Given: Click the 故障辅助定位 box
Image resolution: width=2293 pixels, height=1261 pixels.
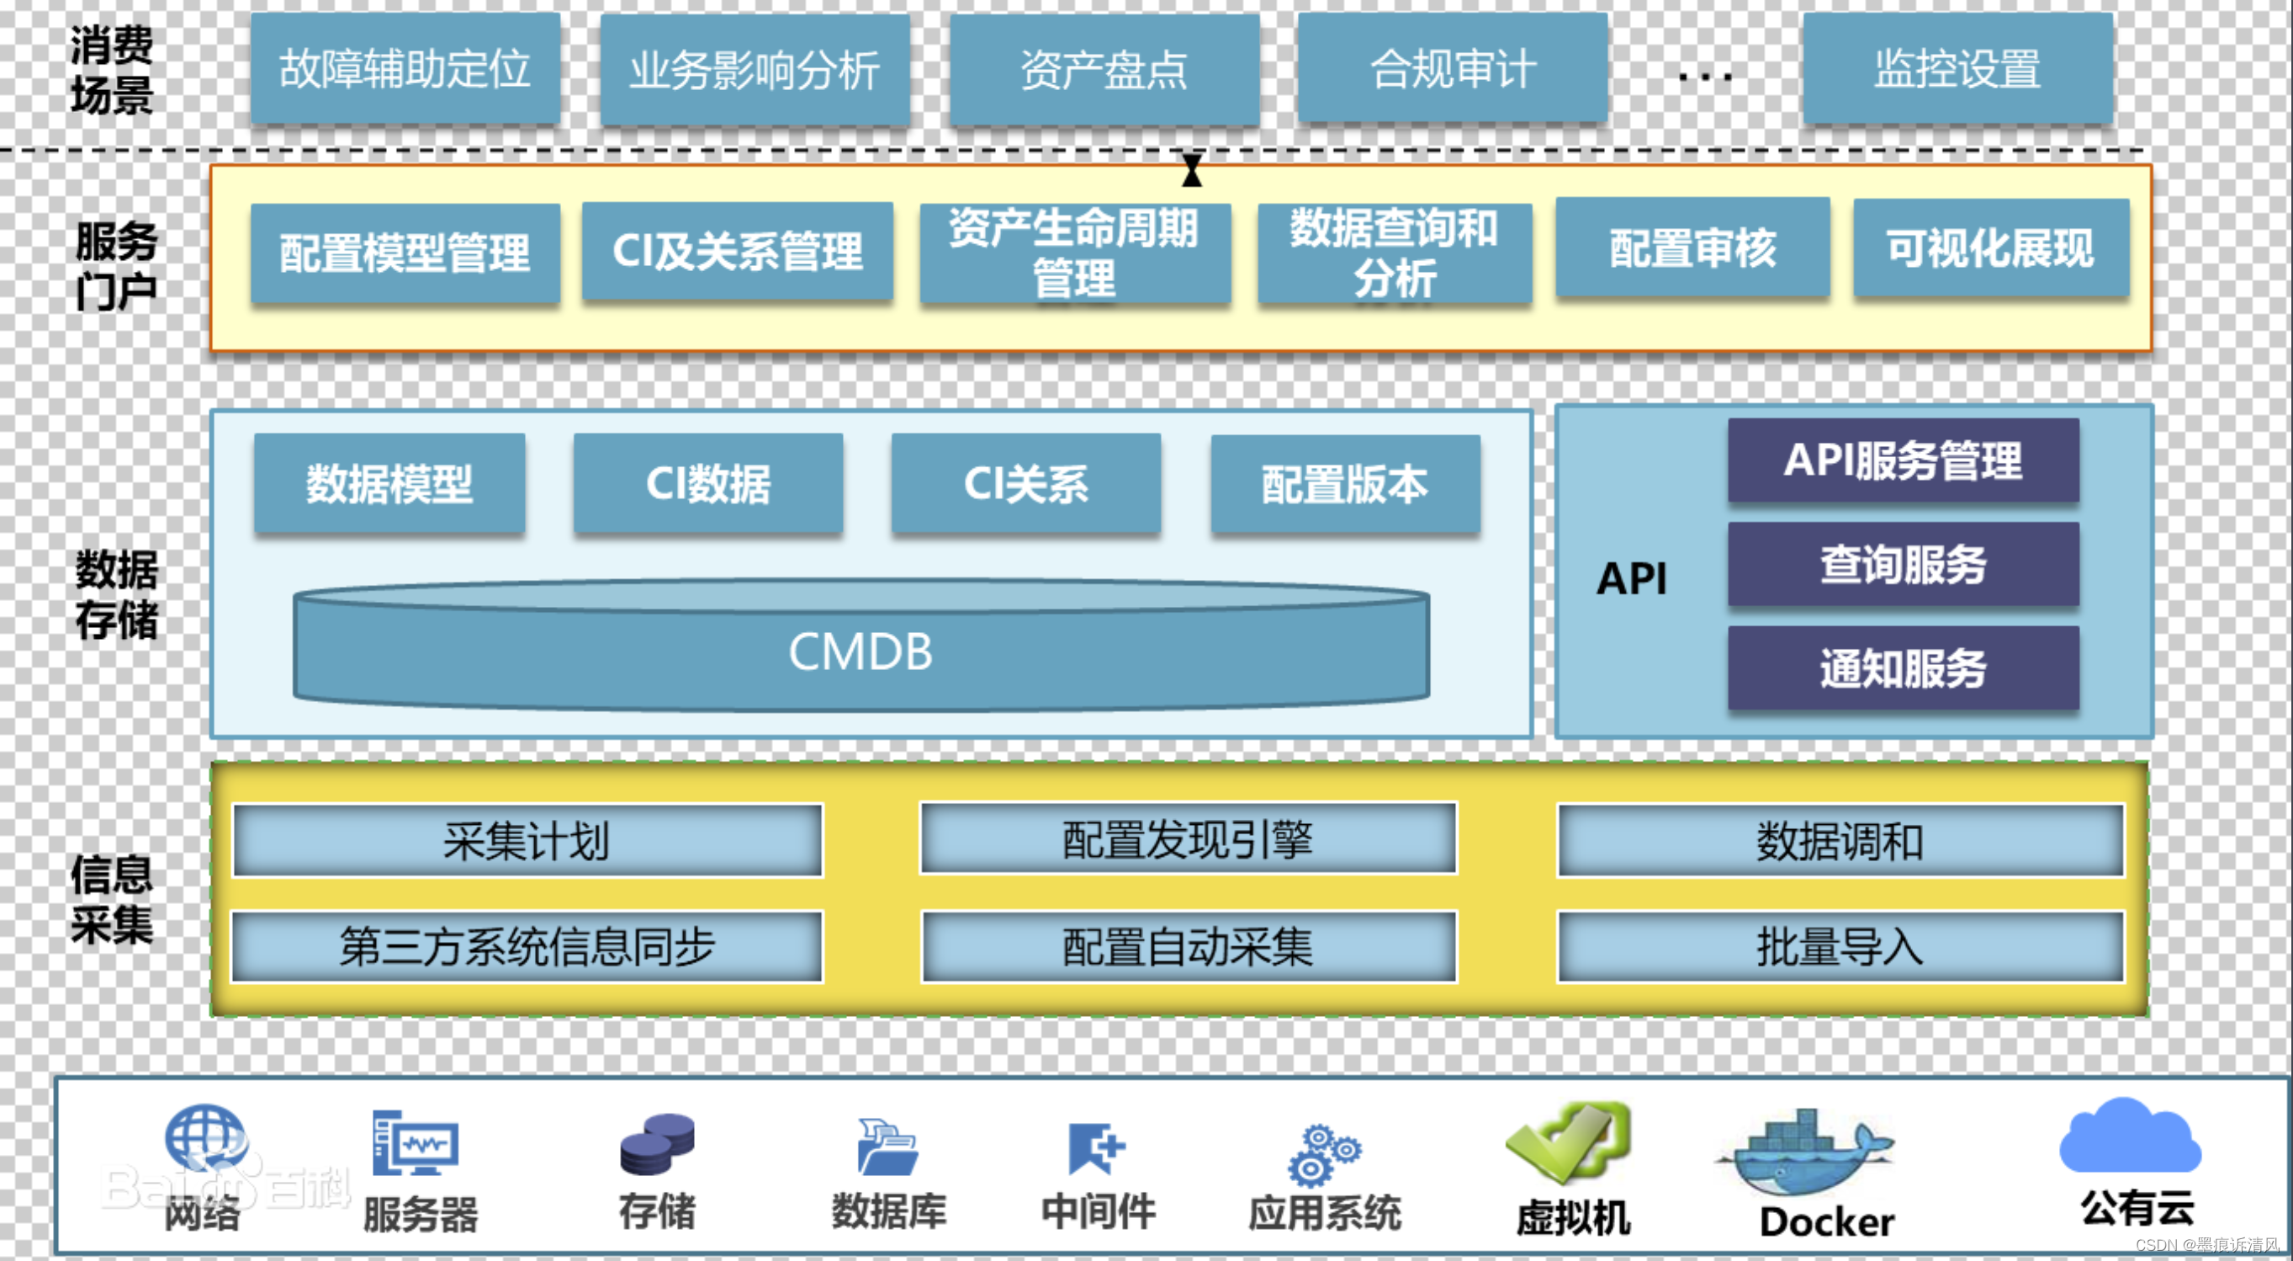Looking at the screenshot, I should click(405, 68).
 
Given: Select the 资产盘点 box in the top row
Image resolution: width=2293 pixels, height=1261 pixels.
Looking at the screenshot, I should click(1104, 68).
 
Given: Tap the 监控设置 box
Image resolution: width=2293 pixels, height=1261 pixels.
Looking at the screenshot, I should click(1957, 68).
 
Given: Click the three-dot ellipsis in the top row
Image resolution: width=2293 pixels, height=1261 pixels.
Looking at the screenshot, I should click(1705, 77).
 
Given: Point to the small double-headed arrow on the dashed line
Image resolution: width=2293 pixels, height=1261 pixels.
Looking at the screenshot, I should click(1192, 169).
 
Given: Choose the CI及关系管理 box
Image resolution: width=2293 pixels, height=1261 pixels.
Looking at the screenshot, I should click(737, 251).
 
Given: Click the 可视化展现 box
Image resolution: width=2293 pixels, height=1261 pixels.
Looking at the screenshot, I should click(1990, 247).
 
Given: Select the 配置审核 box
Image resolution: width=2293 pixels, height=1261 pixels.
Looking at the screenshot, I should click(1692, 247).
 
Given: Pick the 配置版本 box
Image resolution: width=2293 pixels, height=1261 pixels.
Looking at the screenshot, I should click(1345, 483).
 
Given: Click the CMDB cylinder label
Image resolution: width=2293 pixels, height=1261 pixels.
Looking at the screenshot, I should click(860, 652).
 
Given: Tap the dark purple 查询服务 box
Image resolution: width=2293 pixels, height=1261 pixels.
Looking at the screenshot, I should click(1903, 565).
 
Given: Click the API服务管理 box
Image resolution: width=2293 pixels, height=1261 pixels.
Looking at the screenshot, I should click(1903, 460).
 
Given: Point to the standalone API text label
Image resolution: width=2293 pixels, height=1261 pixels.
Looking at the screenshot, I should click(1631, 579).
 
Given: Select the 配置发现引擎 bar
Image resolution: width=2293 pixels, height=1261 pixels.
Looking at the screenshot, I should click(1188, 840).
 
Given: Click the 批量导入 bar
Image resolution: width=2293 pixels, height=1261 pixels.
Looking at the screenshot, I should click(1840, 946).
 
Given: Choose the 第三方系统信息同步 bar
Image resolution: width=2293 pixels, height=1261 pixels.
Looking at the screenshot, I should click(527, 946).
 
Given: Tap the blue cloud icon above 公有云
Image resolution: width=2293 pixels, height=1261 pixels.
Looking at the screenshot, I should click(2130, 1136).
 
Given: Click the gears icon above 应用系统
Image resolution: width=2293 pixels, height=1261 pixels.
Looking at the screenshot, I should click(1323, 1155).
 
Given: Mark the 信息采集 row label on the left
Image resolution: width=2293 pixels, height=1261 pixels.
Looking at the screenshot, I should click(112, 899).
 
